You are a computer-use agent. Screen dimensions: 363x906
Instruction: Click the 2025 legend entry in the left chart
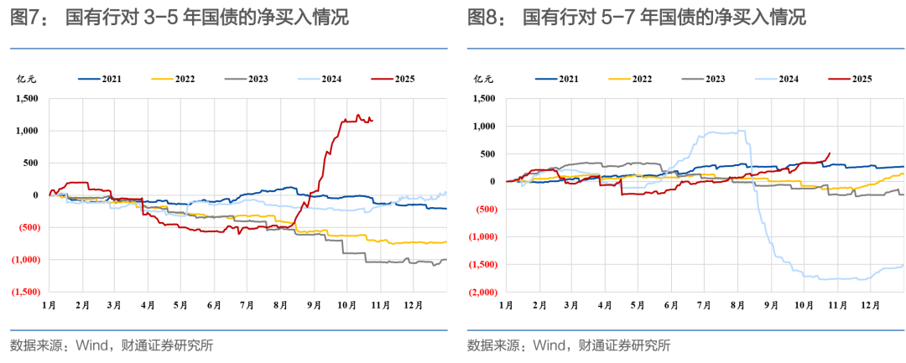click(x=393, y=80)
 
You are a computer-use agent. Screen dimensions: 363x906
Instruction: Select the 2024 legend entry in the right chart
click(x=778, y=79)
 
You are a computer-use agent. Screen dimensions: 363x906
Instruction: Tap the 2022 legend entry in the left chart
click(x=174, y=80)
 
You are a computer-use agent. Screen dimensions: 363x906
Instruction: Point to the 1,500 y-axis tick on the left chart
click(x=26, y=99)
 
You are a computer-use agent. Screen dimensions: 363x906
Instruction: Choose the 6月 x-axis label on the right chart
click(x=670, y=305)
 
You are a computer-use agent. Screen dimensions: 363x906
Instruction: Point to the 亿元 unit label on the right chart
click(x=484, y=80)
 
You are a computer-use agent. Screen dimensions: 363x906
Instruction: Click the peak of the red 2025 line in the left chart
click(x=358, y=115)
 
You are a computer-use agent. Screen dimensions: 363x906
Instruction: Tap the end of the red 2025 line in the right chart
click(x=830, y=153)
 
